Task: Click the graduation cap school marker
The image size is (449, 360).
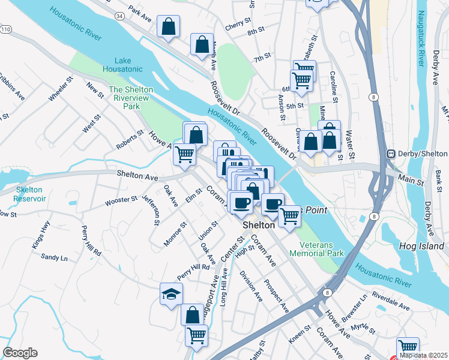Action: click(171, 294)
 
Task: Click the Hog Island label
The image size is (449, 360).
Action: click(421, 246)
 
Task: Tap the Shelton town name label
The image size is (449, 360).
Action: click(259, 225)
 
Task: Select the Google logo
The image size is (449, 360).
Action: click(20, 353)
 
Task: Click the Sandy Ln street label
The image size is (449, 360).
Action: click(54, 257)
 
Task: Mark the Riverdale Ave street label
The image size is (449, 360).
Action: click(390, 301)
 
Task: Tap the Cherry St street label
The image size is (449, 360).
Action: click(238, 20)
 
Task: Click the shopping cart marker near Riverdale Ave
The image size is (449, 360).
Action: click(408, 347)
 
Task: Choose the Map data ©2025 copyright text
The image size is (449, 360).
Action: click(424, 355)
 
